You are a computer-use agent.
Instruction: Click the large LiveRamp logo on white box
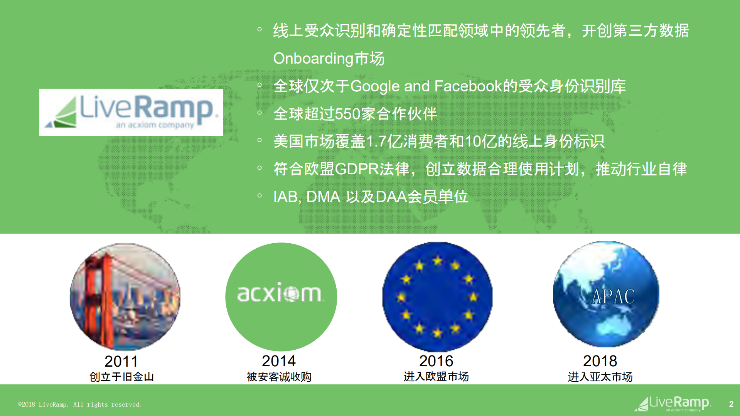(x=131, y=112)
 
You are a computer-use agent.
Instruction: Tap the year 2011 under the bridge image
(x=121, y=361)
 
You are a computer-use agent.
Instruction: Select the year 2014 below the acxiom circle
(x=278, y=361)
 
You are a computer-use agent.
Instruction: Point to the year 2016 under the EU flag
(x=436, y=361)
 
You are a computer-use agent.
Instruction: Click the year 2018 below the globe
(x=600, y=361)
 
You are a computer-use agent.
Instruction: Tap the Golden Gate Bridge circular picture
(x=125, y=296)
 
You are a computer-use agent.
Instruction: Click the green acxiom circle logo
(x=281, y=296)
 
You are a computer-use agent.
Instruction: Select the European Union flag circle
(x=437, y=296)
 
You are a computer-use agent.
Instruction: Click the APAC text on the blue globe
(x=613, y=296)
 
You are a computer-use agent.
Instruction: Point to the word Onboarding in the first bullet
(x=313, y=59)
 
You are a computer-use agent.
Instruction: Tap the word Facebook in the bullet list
(x=469, y=86)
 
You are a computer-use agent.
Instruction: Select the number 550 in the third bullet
(x=347, y=114)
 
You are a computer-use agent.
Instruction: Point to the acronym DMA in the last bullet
(x=323, y=197)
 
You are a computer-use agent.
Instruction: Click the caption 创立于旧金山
(x=121, y=377)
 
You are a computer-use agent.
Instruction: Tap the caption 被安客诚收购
(x=279, y=377)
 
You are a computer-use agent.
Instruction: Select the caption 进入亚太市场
(x=600, y=377)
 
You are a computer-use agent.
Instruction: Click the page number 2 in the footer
(x=731, y=404)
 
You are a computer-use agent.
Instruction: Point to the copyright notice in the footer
(x=79, y=404)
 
